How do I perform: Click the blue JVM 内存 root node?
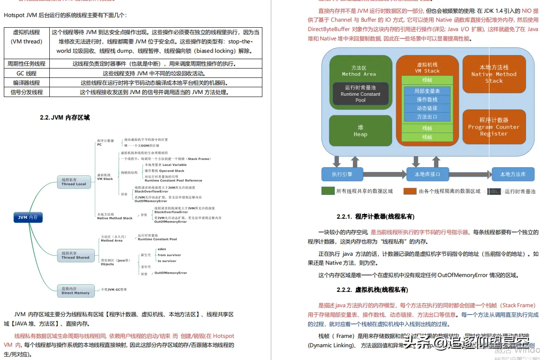pos(28,217)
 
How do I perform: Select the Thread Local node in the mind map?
pos(74,182)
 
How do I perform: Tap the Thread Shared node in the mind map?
pos(75,255)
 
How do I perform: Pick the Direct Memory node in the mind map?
pos(75,291)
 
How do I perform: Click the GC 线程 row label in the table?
pos(26,73)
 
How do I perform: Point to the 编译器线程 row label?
pos(26,83)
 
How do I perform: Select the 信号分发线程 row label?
pos(26,92)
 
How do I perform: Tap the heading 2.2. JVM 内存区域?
pos(65,117)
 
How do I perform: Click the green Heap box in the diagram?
pos(360,131)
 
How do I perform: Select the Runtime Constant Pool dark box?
pos(360,94)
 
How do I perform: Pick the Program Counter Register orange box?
pos(494,127)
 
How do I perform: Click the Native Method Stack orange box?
pos(494,74)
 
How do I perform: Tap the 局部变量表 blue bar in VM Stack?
pos(427,91)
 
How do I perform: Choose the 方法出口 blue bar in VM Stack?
pos(427,117)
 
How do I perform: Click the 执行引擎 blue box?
pos(342,174)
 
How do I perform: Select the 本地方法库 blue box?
pos(513,174)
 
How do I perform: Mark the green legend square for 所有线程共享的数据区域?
pos(327,191)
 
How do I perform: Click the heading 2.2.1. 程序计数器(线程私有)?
pos(375,217)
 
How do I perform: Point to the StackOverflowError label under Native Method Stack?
pos(171,212)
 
